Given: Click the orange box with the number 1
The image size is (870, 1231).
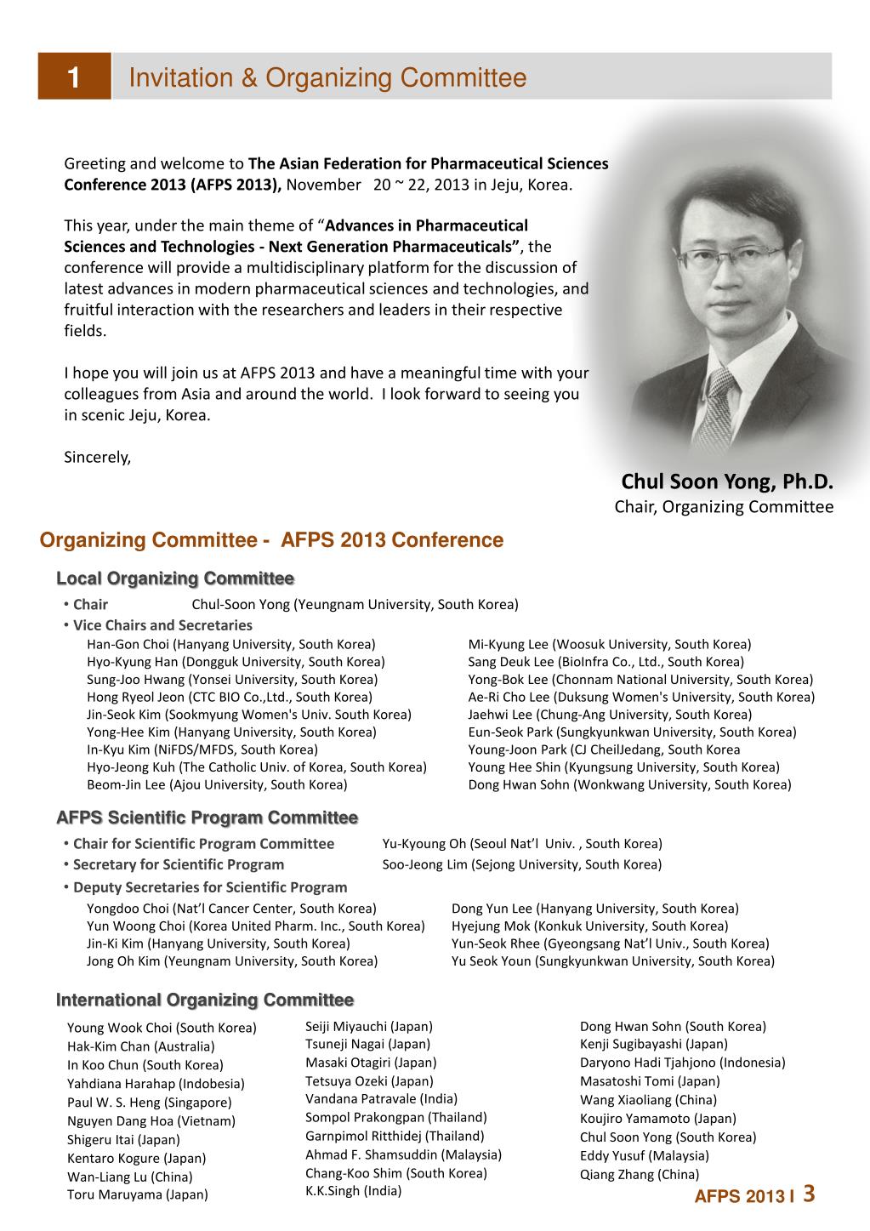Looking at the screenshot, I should tap(74, 77).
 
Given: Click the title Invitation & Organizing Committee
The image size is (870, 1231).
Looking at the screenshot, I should tap(327, 78).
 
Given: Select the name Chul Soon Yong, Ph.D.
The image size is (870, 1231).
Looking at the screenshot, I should tap(727, 482).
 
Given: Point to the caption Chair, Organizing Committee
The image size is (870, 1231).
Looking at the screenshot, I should tap(724, 508).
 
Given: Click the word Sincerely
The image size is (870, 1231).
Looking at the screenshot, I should tap(98, 458).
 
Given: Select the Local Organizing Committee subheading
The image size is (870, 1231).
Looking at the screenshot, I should tap(175, 578).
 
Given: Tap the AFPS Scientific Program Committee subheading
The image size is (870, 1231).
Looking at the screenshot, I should tap(207, 818).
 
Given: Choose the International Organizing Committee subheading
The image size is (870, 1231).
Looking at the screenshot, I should tap(205, 1000).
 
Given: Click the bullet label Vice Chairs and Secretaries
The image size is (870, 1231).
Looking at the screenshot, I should tap(162, 625).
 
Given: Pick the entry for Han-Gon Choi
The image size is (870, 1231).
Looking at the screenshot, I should tap(230, 644).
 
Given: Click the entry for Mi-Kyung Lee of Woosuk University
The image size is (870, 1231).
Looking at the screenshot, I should tap(609, 644).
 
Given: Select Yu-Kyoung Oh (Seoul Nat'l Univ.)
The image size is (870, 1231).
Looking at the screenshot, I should tap(521, 844).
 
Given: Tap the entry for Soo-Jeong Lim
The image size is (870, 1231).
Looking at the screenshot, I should tap(521, 864).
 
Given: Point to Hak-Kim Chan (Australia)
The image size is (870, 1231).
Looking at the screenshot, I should tap(140, 1046).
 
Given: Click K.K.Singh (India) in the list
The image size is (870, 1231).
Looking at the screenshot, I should tap(353, 1191).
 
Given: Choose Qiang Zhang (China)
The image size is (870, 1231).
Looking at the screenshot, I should tap(640, 1174).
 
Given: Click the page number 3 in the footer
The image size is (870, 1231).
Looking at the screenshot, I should tap(809, 1194).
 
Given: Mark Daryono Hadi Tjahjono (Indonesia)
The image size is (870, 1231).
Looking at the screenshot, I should tap(682, 1063).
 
